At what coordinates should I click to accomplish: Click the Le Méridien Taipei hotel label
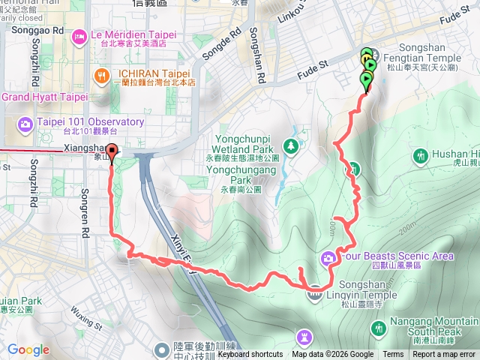click(133, 34)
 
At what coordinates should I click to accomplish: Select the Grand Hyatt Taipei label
click(45, 97)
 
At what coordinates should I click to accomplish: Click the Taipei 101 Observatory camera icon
click(25, 122)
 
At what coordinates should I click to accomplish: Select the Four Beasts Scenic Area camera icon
click(328, 259)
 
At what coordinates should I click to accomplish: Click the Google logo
click(28, 349)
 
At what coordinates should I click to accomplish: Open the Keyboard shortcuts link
click(250, 355)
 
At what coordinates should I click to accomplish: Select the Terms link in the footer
click(393, 355)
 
